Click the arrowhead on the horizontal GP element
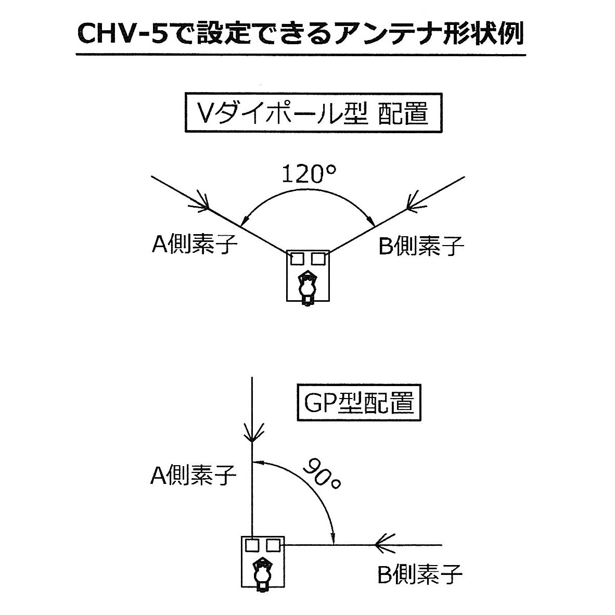382,545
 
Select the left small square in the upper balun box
297,258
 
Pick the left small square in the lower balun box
252,545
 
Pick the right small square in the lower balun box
273,545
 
